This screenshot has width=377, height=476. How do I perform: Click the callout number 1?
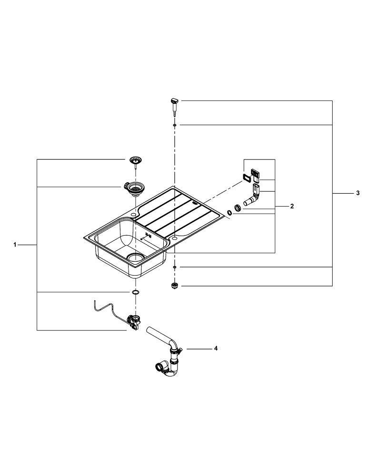click(x=15, y=245)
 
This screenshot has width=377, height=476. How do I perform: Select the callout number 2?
click(x=292, y=207)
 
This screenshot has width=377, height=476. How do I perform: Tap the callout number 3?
click(x=357, y=193)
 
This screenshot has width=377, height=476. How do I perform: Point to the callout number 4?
click(x=216, y=349)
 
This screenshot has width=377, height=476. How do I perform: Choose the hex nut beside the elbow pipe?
click(x=236, y=208)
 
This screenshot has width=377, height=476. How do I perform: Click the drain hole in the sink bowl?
click(x=136, y=258)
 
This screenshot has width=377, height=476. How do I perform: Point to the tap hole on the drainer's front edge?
click(x=175, y=237)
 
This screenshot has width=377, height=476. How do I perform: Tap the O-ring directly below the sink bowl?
click(x=136, y=292)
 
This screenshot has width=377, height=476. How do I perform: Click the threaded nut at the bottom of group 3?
click(x=175, y=286)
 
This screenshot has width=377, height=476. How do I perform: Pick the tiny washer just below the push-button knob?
click(x=175, y=125)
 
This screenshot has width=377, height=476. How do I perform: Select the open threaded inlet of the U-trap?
click(x=159, y=367)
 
